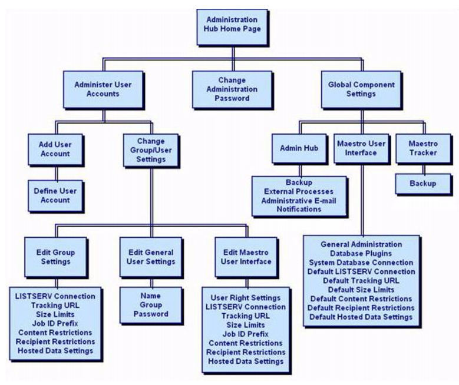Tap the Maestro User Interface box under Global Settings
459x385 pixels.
click(x=361, y=149)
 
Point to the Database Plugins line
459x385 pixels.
click(x=361, y=253)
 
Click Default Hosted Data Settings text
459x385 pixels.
click(x=361, y=317)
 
